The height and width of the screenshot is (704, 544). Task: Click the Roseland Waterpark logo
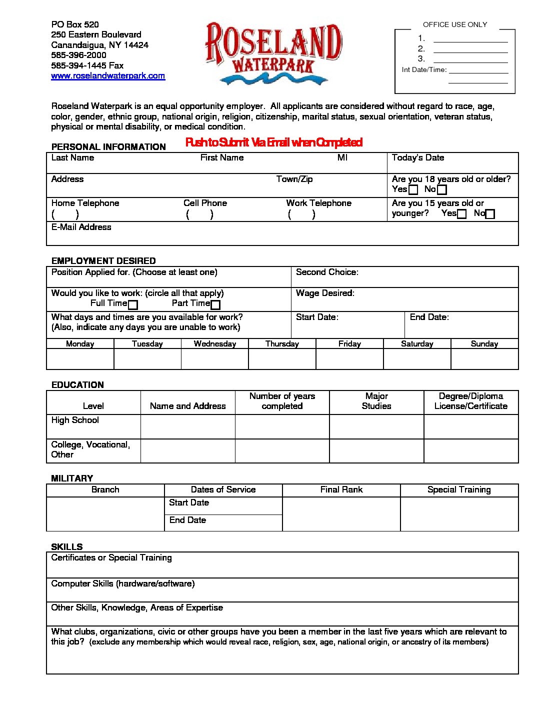pos(273,52)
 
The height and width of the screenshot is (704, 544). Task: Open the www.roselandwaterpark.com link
pos(108,76)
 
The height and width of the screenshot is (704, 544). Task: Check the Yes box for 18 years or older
pos(413,190)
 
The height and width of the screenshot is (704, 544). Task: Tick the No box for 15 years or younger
pos(490,214)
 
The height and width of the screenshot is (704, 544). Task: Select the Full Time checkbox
pos(133,304)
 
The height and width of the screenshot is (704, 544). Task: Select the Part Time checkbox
pos(215,304)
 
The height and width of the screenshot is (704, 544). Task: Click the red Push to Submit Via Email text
pos(273,142)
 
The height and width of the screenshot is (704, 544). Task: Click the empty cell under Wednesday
pos(214,359)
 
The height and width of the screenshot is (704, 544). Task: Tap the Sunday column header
pos(484,344)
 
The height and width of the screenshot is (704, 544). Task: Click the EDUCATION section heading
pos(77,385)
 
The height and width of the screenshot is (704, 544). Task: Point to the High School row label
pos(75,420)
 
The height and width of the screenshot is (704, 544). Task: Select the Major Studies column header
pos(376,401)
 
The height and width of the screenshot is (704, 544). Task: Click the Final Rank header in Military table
pos(341,490)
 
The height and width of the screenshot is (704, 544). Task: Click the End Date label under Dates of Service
pos(187,520)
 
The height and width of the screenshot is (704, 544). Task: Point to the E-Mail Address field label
pos(81,227)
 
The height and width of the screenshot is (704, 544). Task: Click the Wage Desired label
pos(325,293)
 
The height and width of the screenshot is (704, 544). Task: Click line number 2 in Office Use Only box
pos(421,49)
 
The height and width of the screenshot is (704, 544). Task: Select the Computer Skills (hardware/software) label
pos(122,584)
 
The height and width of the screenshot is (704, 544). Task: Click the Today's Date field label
pos(417,158)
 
